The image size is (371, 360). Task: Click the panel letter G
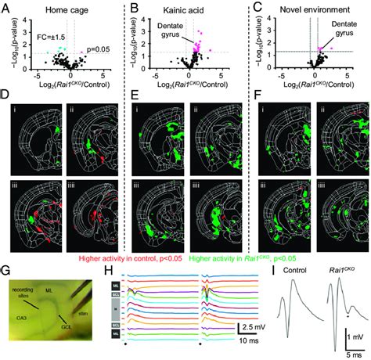tap(6, 270)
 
